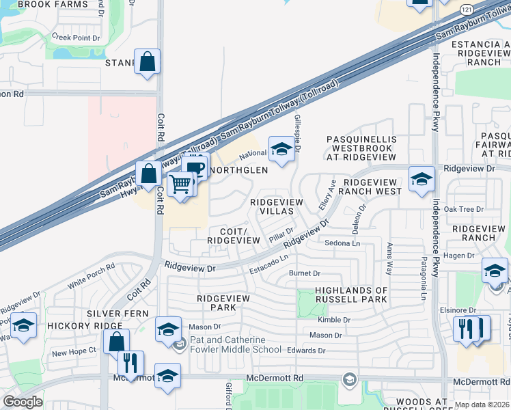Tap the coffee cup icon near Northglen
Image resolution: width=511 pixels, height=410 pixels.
195,167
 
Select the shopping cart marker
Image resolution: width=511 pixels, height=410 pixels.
180,183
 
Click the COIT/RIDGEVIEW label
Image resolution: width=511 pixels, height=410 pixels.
234,236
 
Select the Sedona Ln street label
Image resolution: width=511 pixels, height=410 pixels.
342,243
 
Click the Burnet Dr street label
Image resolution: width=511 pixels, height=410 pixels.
305,273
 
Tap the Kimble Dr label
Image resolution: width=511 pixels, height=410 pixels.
334,319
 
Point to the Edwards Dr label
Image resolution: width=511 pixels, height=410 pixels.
306,351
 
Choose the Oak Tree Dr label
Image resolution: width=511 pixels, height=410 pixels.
464,210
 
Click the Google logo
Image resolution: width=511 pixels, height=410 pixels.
23,402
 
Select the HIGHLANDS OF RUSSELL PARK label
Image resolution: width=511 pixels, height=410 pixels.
351,295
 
